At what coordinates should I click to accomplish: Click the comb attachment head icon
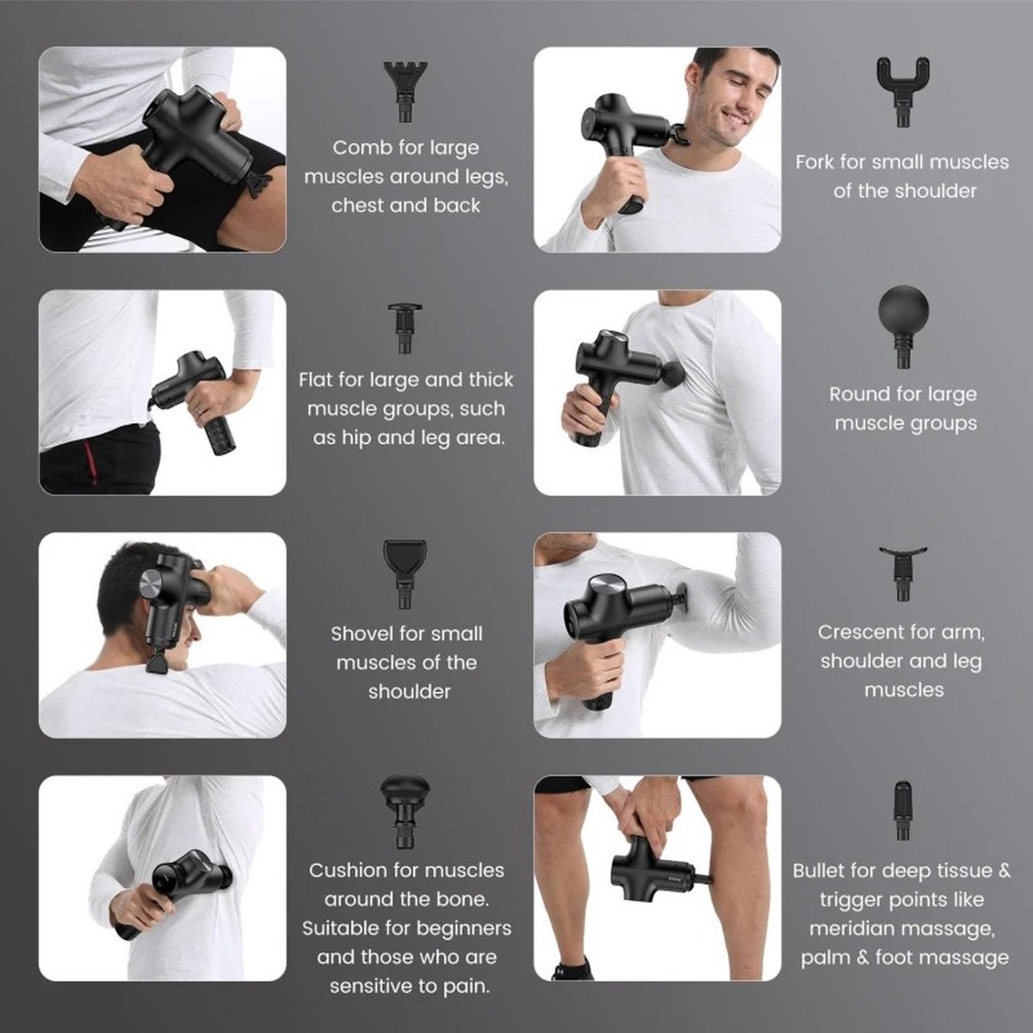click(x=405, y=91)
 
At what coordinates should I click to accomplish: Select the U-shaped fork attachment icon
click(x=903, y=91)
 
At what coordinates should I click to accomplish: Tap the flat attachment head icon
click(x=405, y=328)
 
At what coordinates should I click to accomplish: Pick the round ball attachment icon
click(x=903, y=327)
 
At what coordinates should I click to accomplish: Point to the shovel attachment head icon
click(x=405, y=573)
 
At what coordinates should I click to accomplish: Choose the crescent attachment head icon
click(x=903, y=573)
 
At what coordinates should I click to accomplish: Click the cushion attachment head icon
click(x=405, y=812)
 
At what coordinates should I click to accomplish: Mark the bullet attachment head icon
click(x=903, y=811)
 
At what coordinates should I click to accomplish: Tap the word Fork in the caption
click(x=814, y=162)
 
